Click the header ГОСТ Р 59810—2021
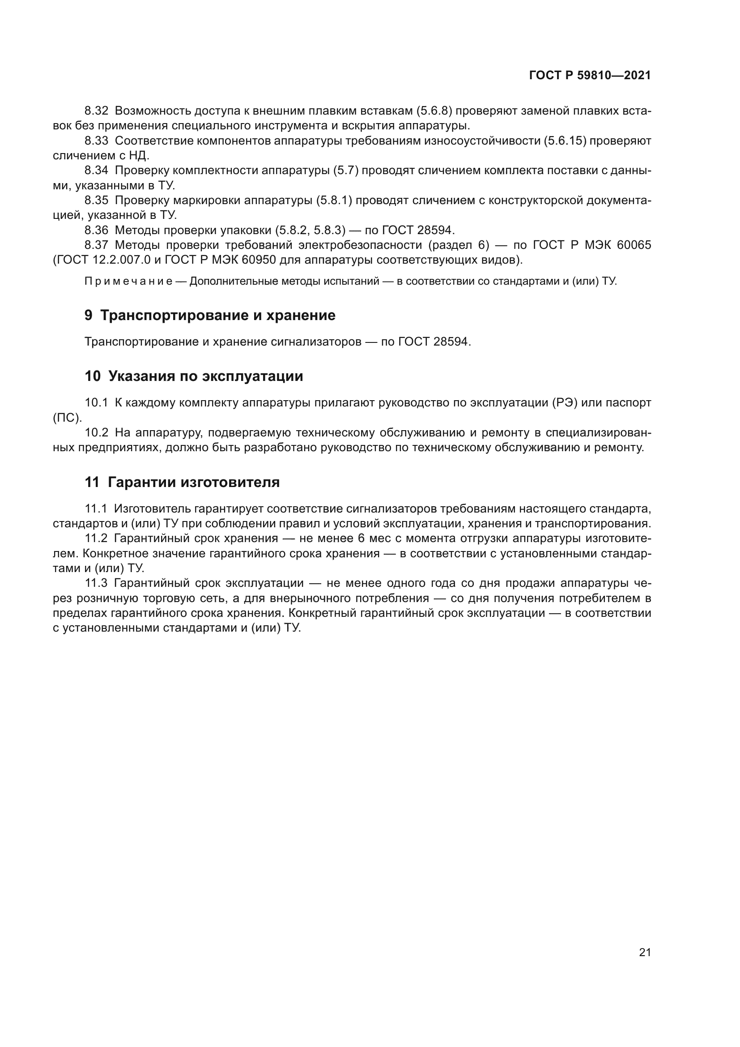tap(590, 75)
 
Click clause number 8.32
tap(96, 111)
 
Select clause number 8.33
tap(96, 141)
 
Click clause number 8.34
tap(96, 171)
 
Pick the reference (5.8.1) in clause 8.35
tap(334, 200)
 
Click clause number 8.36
tap(96, 230)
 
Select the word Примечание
tap(128, 282)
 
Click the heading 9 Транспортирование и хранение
tap(209, 315)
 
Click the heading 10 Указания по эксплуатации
tap(194, 376)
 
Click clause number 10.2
tap(96, 432)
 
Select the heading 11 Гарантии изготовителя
tap(182, 482)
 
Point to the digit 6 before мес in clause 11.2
tap(361, 538)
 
